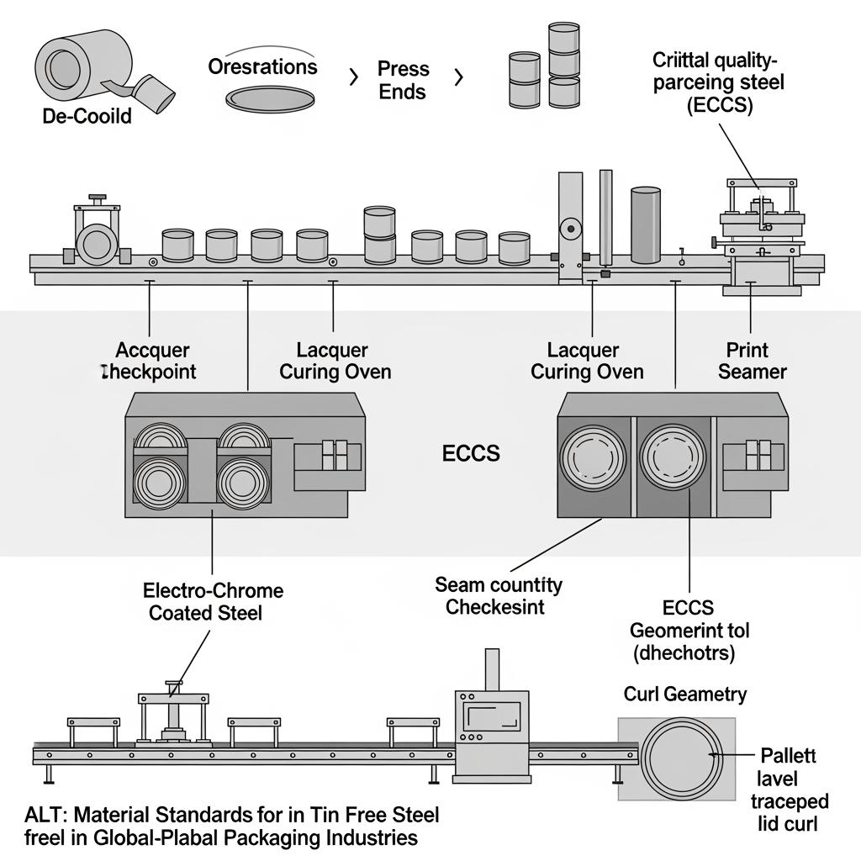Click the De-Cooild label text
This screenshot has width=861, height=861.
point(87,116)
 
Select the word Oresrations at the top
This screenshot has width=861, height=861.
point(263,66)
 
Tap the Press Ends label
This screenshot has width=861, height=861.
point(403,80)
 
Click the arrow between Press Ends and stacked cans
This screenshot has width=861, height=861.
point(458,78)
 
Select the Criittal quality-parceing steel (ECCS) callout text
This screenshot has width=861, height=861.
point(716,82)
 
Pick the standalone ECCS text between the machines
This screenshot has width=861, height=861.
point(471,454)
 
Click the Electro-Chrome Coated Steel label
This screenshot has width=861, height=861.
point(213,602)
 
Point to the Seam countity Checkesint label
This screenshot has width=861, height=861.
point(499,595)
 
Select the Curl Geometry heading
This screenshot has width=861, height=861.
point(684,695)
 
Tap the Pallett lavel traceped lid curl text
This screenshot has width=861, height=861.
point(789,790)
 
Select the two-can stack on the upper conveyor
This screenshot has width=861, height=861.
point(379,235)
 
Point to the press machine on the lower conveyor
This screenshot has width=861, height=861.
point(173,711)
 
